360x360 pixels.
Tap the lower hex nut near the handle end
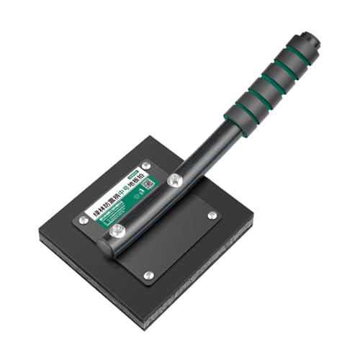[117, 230]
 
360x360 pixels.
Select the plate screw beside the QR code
[147, 165]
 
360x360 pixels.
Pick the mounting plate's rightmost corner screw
[212, 215]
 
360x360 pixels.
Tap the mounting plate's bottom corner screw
[148, 274]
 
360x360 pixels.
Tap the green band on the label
[115, 213]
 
